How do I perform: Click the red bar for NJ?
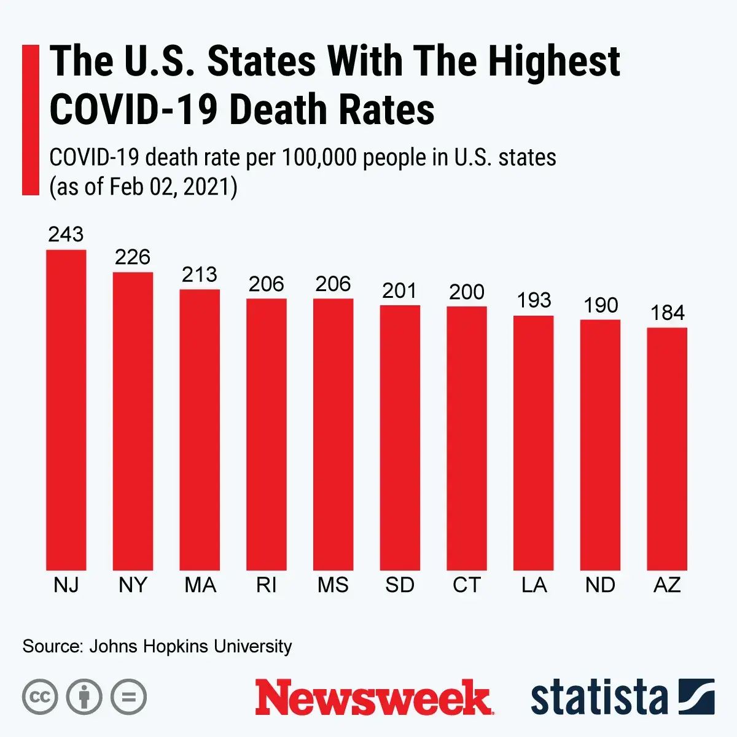point(66,410)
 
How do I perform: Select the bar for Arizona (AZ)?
point(667,448)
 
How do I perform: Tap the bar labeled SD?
point(400,437)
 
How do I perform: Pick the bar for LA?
point(534,443)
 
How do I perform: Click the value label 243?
point(66,234)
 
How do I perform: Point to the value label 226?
point(133,257)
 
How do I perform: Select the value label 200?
point(467,292)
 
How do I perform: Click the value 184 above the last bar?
point(667,313)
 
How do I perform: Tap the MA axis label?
point(200,585)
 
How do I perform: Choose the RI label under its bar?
point(267,585)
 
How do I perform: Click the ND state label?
point(600,585)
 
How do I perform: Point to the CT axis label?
point(467,585)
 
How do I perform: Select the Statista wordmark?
point(599,698)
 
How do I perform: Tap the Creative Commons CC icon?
point(40,697)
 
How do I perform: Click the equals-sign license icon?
point(129,697)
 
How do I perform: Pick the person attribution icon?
point(84,697)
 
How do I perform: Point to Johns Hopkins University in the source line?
point(190,646)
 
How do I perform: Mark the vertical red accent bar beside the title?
point(30,120)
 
